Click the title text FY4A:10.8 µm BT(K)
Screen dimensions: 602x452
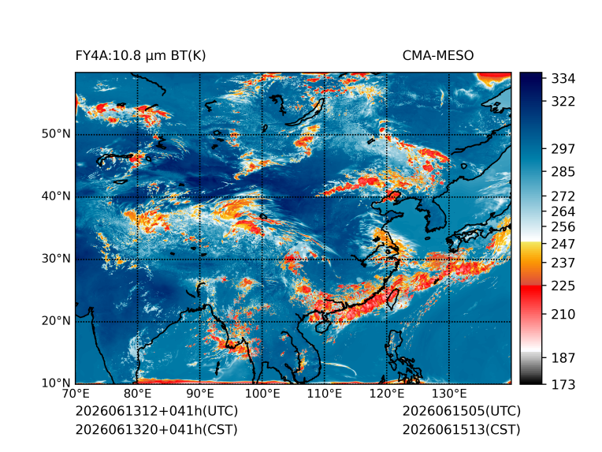coord(140,56)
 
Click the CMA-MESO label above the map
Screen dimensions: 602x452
coord(438,56)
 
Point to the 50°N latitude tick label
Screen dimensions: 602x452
coord(56,134)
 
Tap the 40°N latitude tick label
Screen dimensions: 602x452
coord(56,196)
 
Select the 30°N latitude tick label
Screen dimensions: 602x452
coord(56,259)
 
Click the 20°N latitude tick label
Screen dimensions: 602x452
coord(56,321)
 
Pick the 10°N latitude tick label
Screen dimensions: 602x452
coord(56,383)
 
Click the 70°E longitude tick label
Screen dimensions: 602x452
coord(76,394)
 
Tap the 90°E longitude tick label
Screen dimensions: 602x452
coord(200,394)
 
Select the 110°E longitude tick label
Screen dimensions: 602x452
coord(325,394)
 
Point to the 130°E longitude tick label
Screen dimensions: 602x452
coord(449,394)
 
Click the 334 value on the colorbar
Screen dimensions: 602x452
coord(563,79)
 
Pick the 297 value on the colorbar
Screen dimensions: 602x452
coord(563,149)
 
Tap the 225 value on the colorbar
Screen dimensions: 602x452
coord(563,286)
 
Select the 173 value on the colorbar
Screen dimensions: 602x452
coord(563,384)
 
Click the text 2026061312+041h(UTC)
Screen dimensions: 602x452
coord(157,411)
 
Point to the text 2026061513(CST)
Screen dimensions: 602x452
coord(461,430)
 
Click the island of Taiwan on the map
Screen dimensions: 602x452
coord(392,299)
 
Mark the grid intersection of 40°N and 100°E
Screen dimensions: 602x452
coord(262,197)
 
